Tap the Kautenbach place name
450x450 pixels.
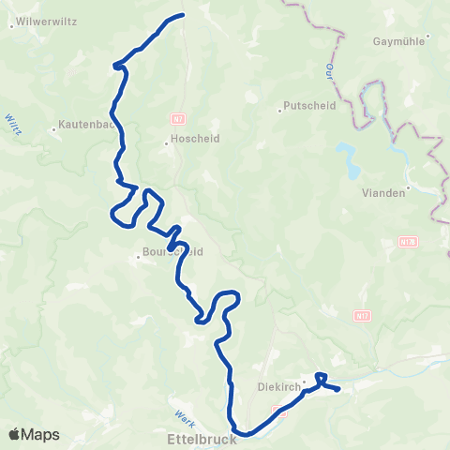[x=86, y=123]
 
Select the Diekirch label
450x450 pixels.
[x=277, y=385]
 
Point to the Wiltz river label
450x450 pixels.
[x=13, y=125]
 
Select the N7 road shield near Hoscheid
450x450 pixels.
[x=177, y=119]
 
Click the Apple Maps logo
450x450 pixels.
[x=34, y=434]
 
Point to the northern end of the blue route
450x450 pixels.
[x=181, y=14]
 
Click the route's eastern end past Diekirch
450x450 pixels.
[x=337, y=388]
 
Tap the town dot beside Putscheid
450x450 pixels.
[x=280, y=111]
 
